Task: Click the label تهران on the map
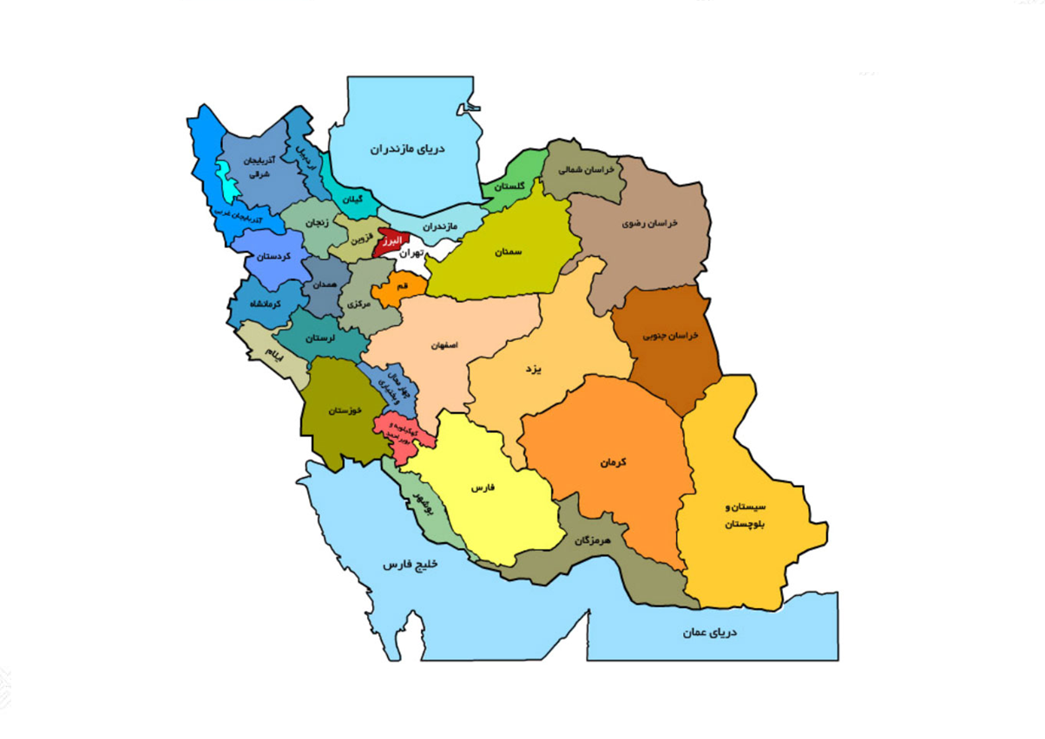[x=411, y=254]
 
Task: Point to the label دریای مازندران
[x=408, y=149]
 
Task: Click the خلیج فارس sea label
[x=412, y=565]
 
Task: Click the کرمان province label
[x=613, y=462]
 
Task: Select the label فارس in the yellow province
[x=483, y=488]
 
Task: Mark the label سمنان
[x=509, y=252]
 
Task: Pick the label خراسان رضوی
[x=649, y=223]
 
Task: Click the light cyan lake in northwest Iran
[x=228, y=185]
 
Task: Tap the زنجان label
[x=317, y=223]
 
